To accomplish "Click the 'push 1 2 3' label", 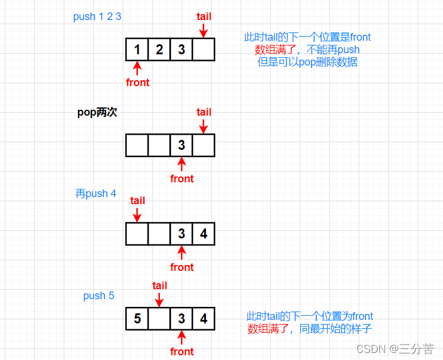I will (x=97, y=17).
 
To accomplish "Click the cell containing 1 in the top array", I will (x=137, y=50).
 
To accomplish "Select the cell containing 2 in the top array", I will (x=159, y=50).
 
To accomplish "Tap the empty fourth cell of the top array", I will (x=204, y=50).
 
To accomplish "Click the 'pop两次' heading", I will (x=97, y=112).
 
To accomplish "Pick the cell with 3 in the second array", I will (x=181, y=145).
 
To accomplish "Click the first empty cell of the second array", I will (x=137, y=145).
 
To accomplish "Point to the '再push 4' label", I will (x=96, y=194).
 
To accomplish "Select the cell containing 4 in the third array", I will (x=204, y=234).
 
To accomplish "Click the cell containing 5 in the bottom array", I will (x=137, y=319).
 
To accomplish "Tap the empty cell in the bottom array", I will (x=159, y=319).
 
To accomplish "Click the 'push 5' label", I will (x=99, y=296).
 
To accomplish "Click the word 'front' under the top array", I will (x=137, y=83).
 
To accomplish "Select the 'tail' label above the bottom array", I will (x=160, y=286).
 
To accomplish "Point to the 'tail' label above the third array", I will (x=137, y=201).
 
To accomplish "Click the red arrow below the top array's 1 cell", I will (x=137, y=68).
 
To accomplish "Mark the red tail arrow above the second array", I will (x=204, y=126).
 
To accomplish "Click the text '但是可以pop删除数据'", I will (x=307, y=62).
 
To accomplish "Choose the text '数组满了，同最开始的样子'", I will (x=310, y=329).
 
